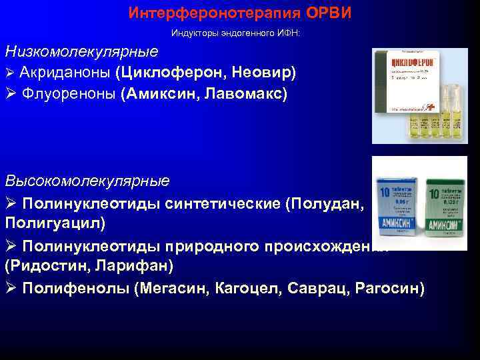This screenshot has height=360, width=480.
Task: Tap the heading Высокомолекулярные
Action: click(x=87, y=180)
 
